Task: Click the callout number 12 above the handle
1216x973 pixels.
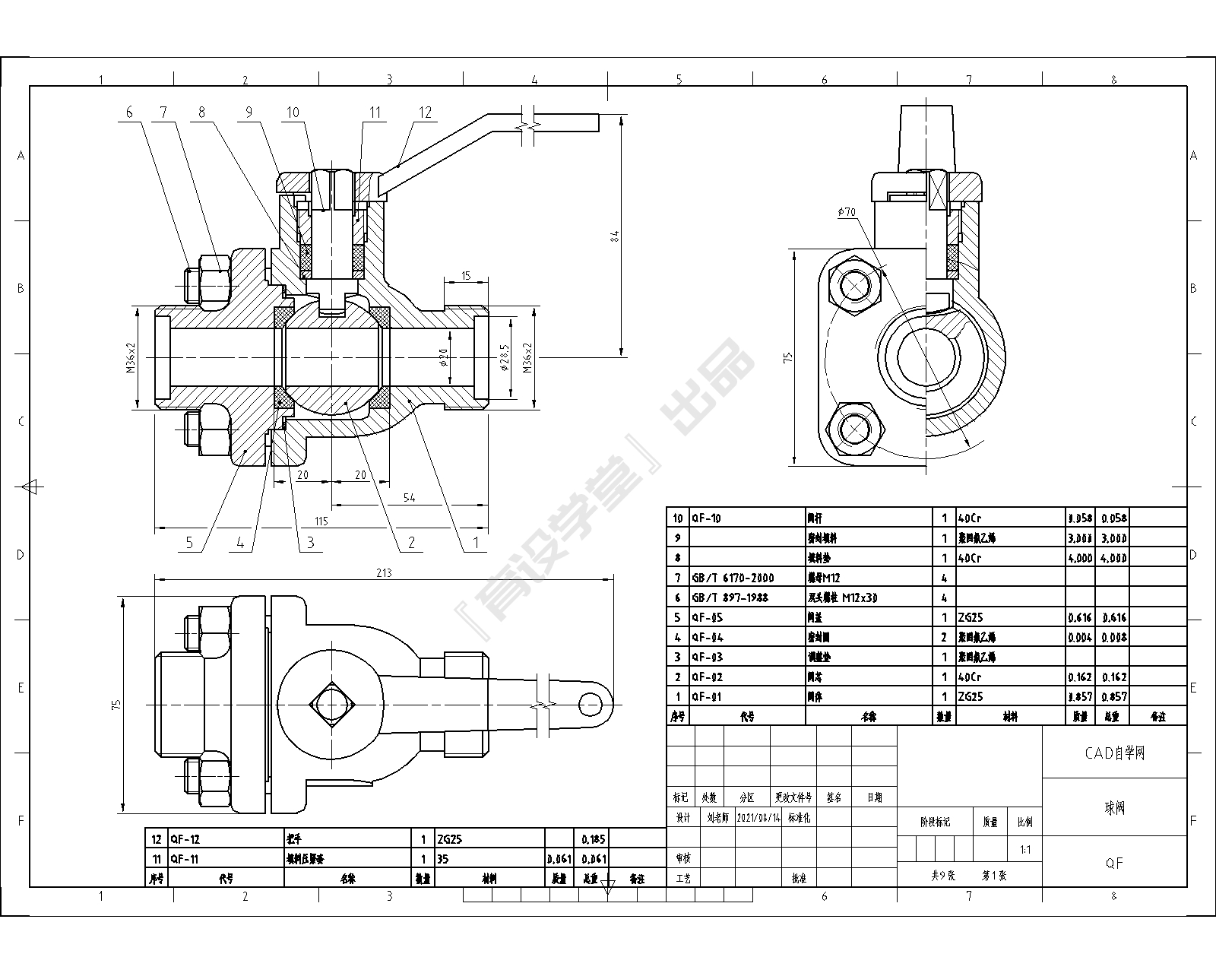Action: click(x=424, y=113)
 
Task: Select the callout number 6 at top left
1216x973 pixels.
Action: click(x=129, y=113)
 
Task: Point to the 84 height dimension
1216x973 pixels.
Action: click(x=616, y=236)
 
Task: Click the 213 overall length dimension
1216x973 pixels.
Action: click(x=384, y=572)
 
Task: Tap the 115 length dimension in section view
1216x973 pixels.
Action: click(x=321, y=521)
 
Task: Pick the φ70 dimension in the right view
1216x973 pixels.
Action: click(x=847, y=213)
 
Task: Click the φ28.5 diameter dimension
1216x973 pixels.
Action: click(x=504, y=356)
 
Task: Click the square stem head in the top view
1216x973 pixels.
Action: click(x=330, y=705)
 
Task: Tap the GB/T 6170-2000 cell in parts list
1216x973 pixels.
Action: click(x=732, y=578)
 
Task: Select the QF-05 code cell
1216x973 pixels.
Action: click(x=707, y=617)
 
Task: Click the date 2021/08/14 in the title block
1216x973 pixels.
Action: click(x=758, y=818)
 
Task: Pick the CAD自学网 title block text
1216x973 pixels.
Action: click(x=1114, y=753)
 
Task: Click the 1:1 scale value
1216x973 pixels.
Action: click(x=1025, y=849)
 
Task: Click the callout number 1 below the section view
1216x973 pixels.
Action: click(x=476, y=542)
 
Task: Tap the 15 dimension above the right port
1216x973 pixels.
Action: click(x=466, y=275)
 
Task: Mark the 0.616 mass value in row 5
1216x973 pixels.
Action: click(x=1079, y=617)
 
